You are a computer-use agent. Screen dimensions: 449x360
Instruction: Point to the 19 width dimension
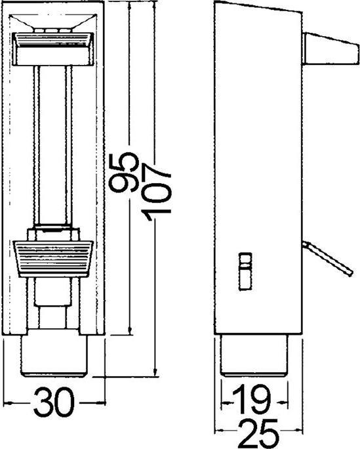coord(254,398)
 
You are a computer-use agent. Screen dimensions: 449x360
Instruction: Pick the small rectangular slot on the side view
coord(244,269)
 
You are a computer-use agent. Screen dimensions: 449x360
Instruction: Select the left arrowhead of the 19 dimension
coord(224,398)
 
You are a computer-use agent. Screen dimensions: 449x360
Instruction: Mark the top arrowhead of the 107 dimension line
coord(157,5)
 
